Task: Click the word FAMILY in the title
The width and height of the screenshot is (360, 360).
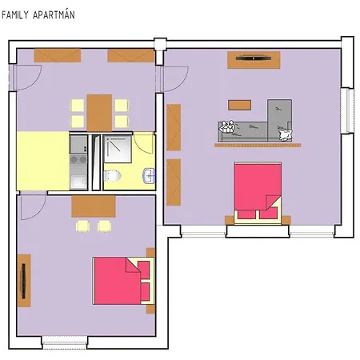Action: coord(14,15)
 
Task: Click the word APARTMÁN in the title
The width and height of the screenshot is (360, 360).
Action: coord(54,14)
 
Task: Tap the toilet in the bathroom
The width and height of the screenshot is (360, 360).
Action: coord(112,176)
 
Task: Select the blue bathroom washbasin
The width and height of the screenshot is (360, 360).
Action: coord(149,175)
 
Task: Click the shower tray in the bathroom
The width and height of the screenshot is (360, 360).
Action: coord(118,149)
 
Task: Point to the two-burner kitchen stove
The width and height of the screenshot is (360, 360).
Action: coord(78,159)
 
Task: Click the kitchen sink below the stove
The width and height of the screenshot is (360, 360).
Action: coord(78,182)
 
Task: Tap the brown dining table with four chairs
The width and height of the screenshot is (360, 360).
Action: coord(99,113)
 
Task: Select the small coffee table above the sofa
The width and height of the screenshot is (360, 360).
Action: coord(239,105)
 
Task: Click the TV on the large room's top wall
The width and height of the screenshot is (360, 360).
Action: coord(254,58)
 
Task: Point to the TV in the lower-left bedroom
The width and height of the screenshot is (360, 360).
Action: coord(23,281)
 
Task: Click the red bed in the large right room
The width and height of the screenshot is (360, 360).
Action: coord(258,193)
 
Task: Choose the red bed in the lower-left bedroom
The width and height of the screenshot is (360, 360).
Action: coord(123,281)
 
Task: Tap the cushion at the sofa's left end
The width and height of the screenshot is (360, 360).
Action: coord(226,126)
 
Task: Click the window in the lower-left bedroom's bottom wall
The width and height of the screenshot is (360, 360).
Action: coord(65,342)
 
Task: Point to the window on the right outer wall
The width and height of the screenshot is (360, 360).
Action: coord(347,110)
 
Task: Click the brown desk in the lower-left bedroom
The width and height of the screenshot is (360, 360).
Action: coord(94,206)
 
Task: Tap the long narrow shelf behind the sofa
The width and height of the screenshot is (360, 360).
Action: coord(258,146)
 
